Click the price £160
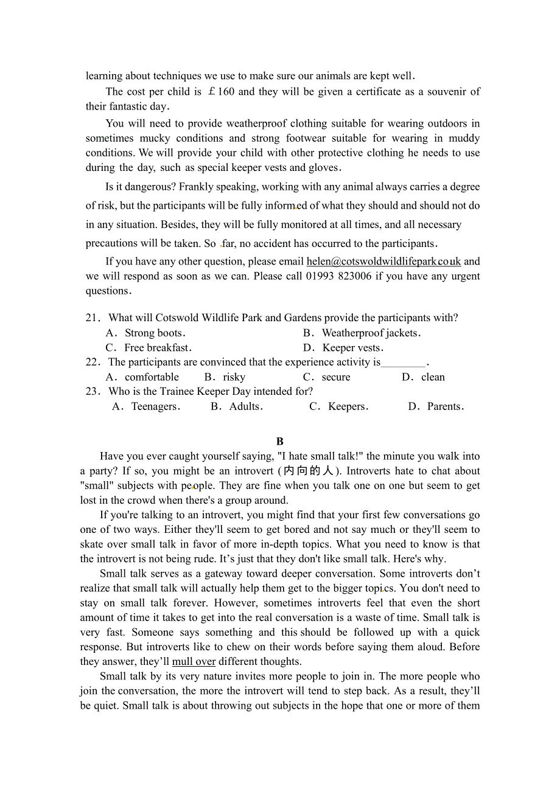pos(220,92)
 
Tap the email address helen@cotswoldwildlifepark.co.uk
pos(383,262)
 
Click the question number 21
pos(93,318)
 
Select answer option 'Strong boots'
pos(153,333)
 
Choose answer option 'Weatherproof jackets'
pos(369,333)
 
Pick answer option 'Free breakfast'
pos(157,348)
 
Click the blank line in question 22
pos(403,363)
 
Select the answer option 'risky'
pos(234,377)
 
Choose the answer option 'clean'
pos(433,377)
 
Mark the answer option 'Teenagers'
pos(155,406)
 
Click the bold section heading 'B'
pos(280,442)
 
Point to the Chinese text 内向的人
pos(309,471)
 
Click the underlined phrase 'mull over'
pos(194,662)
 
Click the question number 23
pos(93,392)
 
